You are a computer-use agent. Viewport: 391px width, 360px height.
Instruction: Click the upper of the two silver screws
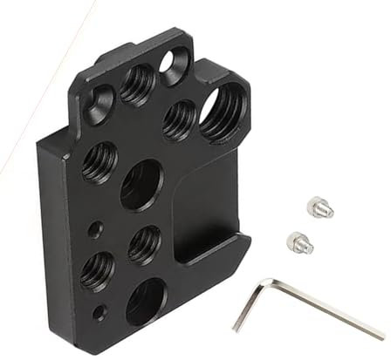click(319, 207)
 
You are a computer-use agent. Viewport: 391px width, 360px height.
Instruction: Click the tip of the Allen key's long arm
click(381, 336)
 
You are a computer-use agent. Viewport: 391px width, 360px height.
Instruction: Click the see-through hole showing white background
click(175, 64)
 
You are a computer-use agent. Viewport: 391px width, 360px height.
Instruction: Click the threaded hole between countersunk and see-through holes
click(139, 83)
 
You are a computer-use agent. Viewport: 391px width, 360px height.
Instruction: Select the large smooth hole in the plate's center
click(141, 185)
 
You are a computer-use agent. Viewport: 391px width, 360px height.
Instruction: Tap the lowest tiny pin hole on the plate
click(105, 309)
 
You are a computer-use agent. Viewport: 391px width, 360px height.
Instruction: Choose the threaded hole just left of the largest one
click(179, 119)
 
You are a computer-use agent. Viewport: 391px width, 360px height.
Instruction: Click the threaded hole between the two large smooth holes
click(144, 243)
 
